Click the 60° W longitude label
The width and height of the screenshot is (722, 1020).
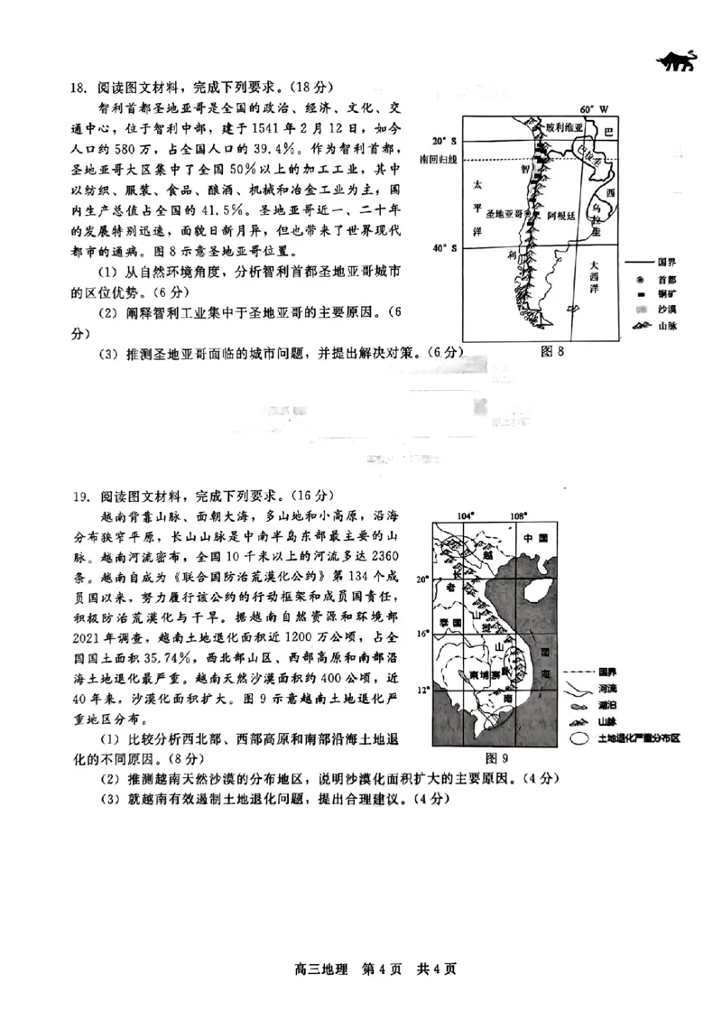[595, 108]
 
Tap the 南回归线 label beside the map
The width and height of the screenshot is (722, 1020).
[439, 160]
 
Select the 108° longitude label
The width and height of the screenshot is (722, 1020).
[517, 515]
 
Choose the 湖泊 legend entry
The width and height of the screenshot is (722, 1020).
[607, 705]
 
